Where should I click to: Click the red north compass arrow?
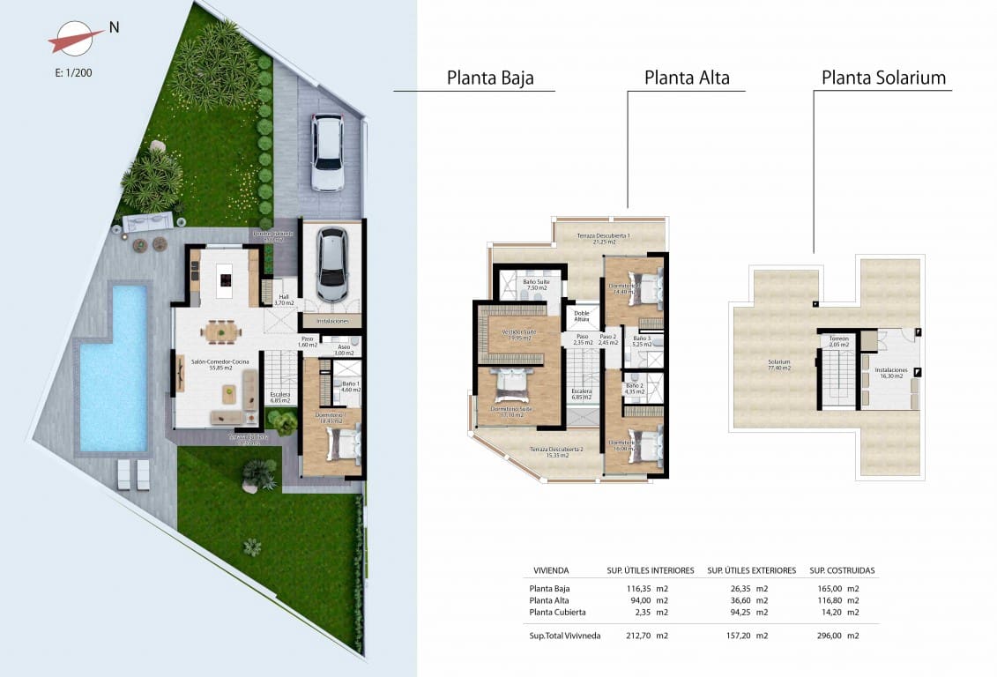[77, 40]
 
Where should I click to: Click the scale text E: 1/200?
[73, 73]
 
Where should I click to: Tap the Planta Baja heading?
[490, 78]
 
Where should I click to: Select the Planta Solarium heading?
[883, 78]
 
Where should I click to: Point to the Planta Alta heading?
[687, 78]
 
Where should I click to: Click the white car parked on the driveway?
[327, 153]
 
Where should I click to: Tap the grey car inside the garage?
[331, 264]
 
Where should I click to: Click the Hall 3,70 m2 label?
[283, 300]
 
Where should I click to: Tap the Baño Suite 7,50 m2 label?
[538, 285]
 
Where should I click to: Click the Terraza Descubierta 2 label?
[555, 452]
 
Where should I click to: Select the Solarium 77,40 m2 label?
[778, 365]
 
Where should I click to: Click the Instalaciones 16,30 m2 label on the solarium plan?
[890, 374]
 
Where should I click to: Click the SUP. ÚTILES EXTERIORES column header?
[751, 570]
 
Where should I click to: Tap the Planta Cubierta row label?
[557, 612]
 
